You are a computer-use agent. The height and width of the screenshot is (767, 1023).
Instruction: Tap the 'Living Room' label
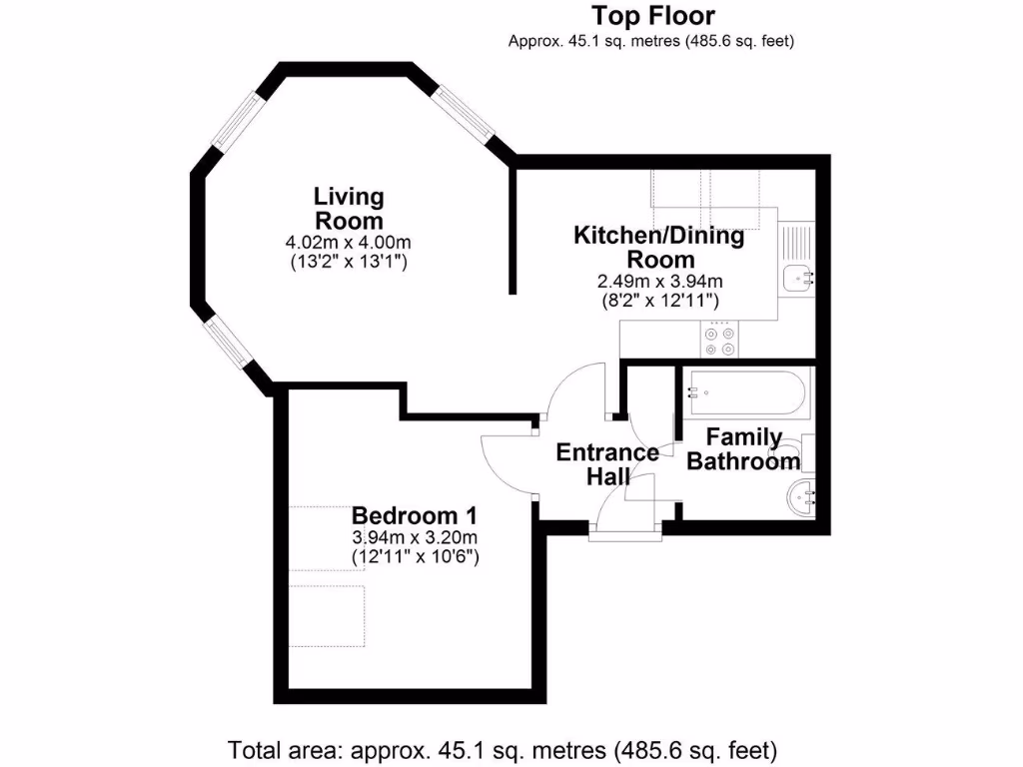(x=349, y=208)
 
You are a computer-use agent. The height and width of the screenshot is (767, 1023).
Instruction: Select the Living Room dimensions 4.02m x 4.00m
(x=349, y=243)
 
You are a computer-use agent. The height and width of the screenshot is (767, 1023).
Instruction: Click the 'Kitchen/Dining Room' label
(x=658, y=248)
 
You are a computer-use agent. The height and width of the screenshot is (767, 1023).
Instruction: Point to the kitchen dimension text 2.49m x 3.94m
(x=658, y=282)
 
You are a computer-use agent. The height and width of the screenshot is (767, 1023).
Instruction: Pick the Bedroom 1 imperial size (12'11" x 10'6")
(x=415, y=557)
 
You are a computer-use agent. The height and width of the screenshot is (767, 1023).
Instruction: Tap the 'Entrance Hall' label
(x=607, y=464)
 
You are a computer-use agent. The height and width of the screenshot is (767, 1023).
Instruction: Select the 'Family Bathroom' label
(x=744, y=449)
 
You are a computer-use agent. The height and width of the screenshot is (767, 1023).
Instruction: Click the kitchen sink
(x=799, y=278)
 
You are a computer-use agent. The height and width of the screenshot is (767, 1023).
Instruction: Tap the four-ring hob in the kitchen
(x=721, y=341)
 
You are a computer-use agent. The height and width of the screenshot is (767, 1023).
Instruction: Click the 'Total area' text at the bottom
(x=504, y=749)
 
